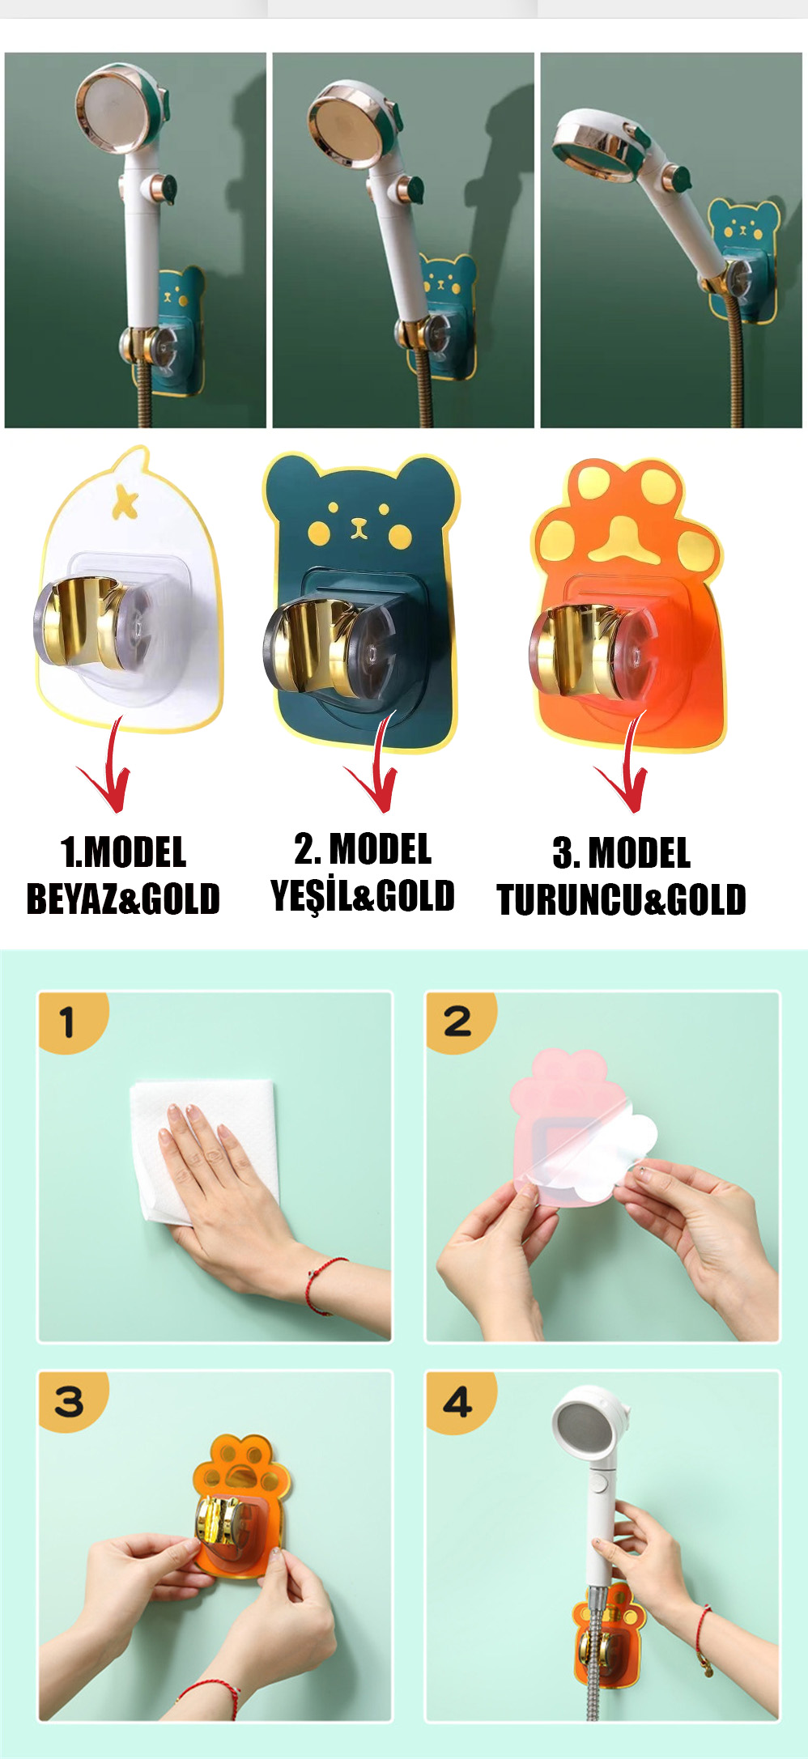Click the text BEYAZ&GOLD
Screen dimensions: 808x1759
[x=123, y=899]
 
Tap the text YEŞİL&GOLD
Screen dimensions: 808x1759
[x=363, y=895]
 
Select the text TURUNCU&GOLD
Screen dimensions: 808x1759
[x=622, y=899]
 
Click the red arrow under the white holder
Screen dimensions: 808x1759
[x=108, y=769]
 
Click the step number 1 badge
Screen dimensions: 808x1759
[x=71, y=1021]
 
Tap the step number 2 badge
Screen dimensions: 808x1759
[x=459, y=1021]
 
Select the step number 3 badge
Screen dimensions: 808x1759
[x=71, y=1401]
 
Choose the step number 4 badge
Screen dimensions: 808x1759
[x=459, y=1401]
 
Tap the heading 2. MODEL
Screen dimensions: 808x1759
[x=363, y=849]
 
